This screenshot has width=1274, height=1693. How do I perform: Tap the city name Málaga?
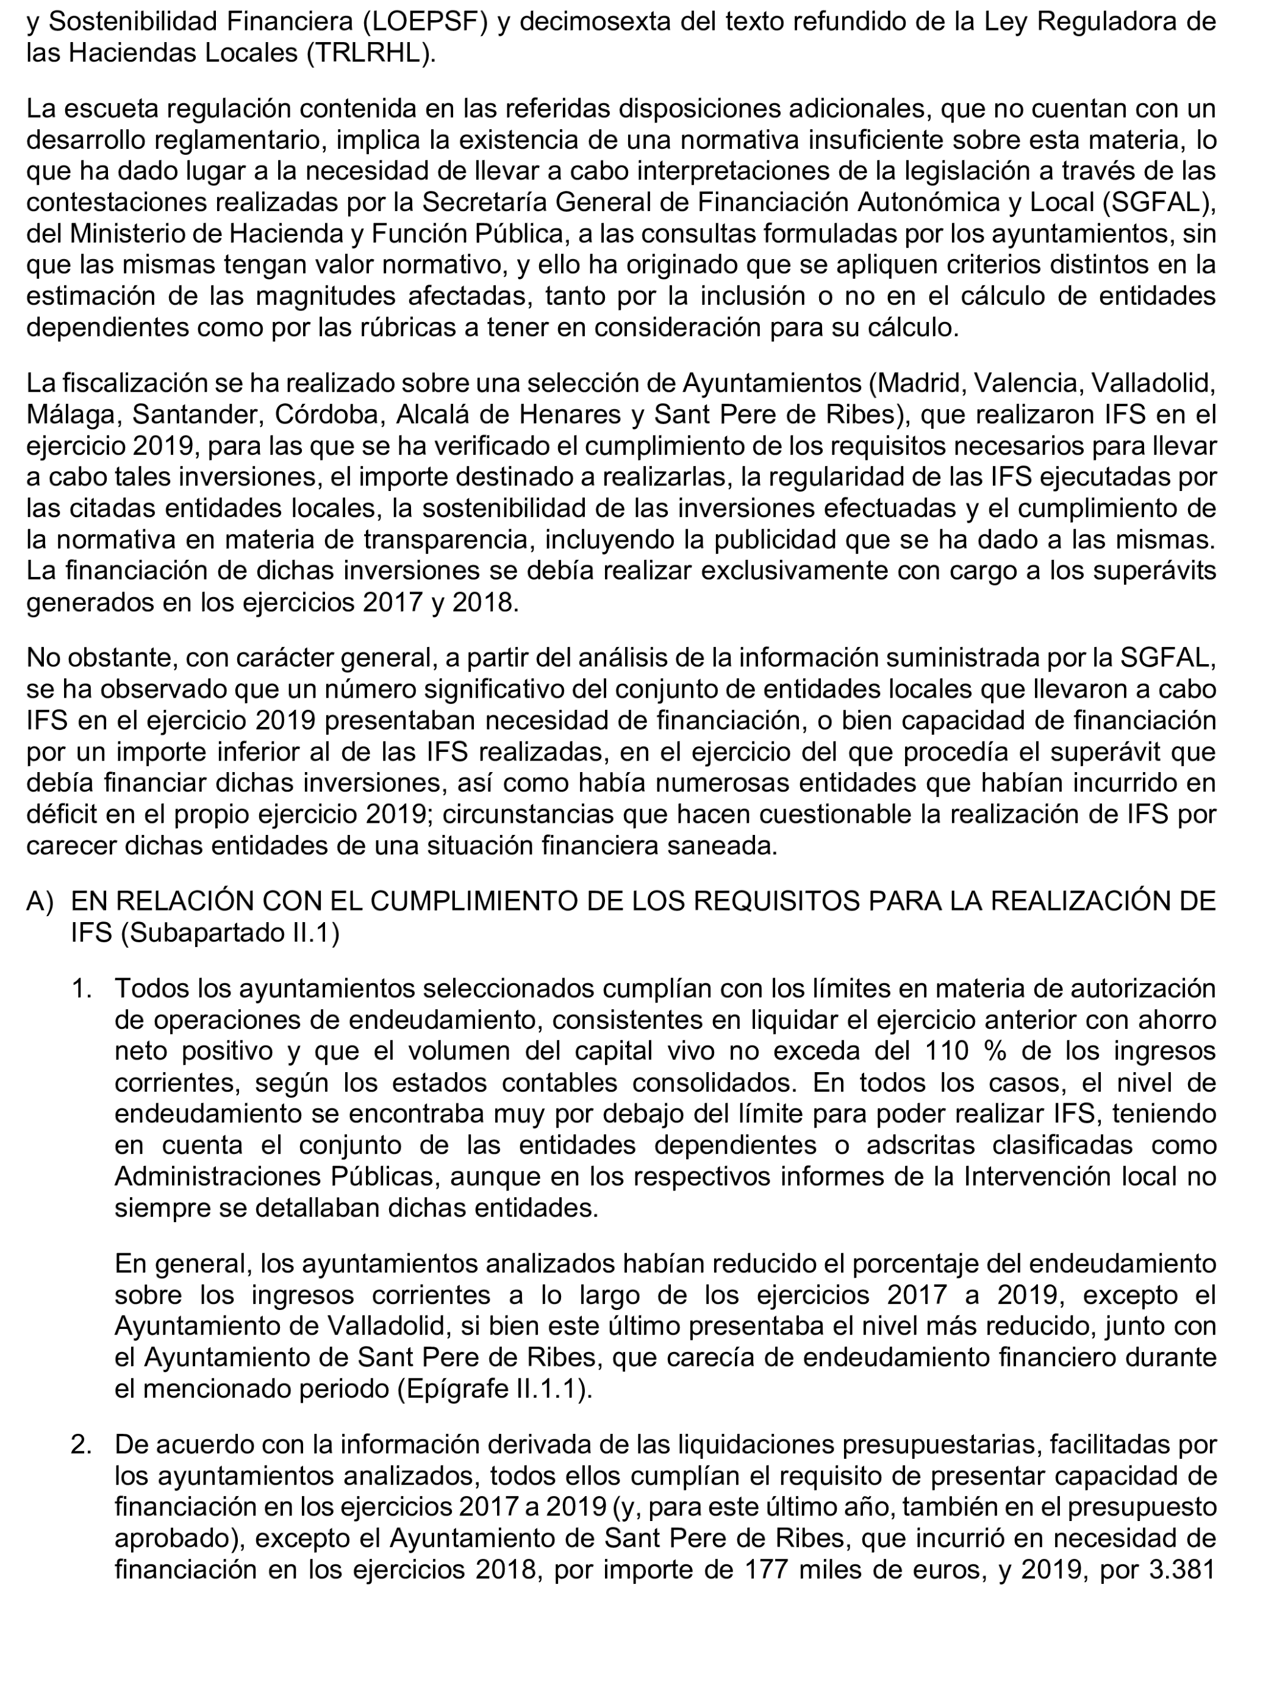[72, 414]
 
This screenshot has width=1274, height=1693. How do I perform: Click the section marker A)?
[40, 901]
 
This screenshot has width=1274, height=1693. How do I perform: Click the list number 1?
[81, 988]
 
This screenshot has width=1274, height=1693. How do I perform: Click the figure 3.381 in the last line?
[1183, 1570]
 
